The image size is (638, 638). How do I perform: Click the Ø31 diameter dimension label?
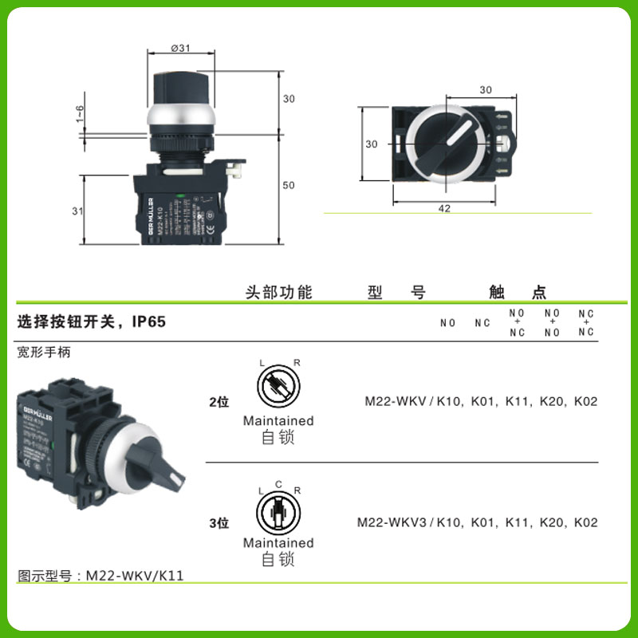[x=181, y=48]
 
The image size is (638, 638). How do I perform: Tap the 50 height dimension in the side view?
[x=289, y=186]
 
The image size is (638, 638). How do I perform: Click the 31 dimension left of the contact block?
[x=77, y=211]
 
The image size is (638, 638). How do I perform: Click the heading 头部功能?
[x=278, y=292]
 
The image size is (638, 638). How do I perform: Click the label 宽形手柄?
[x=44, y=352]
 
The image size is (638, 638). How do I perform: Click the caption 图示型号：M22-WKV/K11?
[x=100, y=575]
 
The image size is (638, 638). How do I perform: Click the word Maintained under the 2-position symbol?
[x=278, y=420]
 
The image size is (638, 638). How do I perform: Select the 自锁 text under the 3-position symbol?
[x=278, y=560]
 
